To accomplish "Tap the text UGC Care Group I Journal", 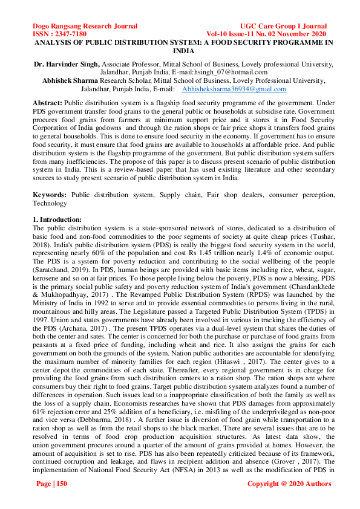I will pos(284,27).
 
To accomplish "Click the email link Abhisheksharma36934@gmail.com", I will pos(235,88).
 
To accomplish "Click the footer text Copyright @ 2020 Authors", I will pos(289,484).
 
